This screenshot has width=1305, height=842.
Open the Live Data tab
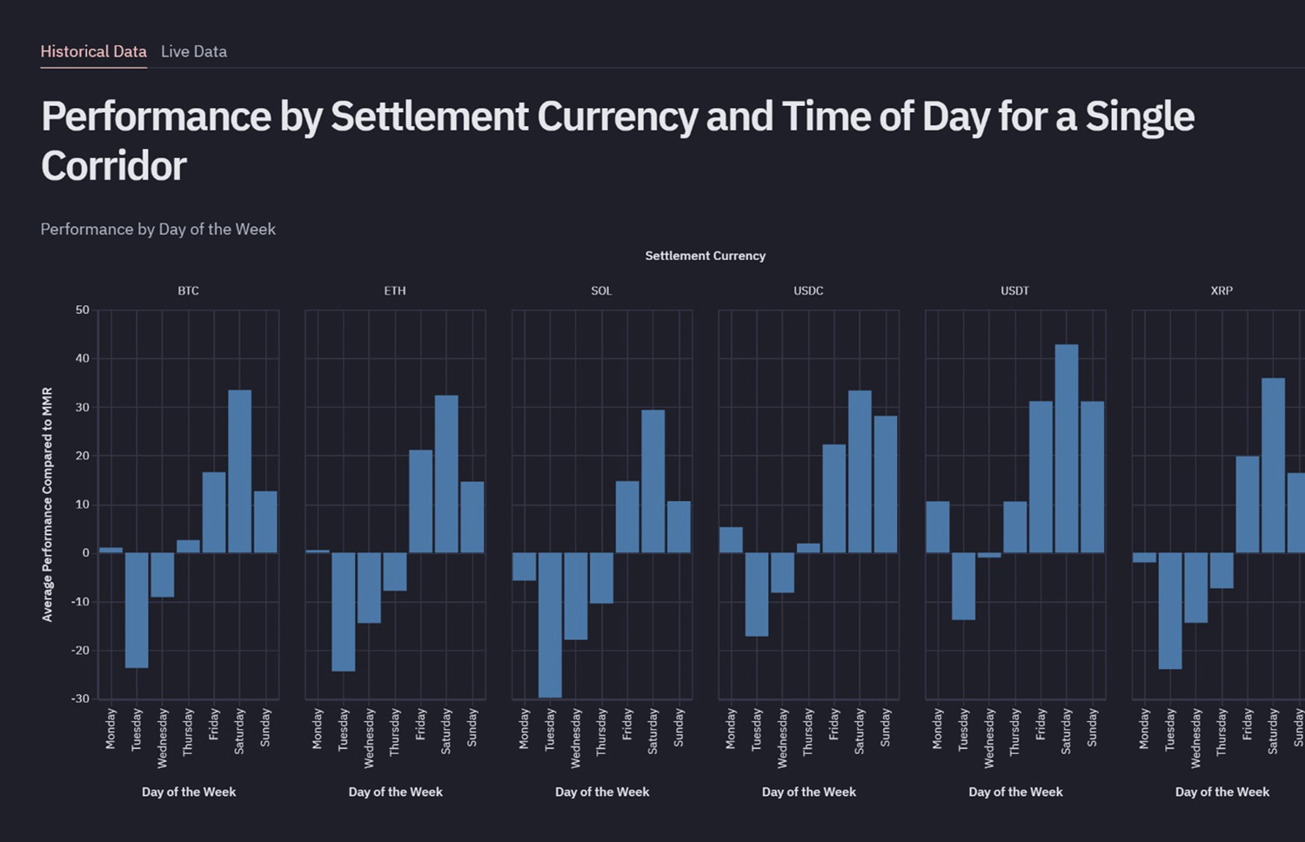(x=193, y=51)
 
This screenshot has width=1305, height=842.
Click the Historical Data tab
(x=93, y=51)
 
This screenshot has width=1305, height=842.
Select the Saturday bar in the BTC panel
(x=240, y=471)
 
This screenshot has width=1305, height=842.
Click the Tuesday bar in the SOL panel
(x=550, y=625)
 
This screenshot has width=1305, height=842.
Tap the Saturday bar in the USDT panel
(x=1067, y=448)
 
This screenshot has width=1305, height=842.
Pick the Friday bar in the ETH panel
(x=421, y=501)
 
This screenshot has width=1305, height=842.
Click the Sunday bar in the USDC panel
(x=886, y=484)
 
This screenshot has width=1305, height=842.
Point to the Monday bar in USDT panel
(x=938, y=526)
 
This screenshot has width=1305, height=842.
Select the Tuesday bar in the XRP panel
(x=1170, y=611)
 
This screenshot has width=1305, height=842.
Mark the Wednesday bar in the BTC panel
(x=163, y=575)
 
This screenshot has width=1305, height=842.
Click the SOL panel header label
(x=601, y=291)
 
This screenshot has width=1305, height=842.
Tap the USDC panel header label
(x=808, y=291)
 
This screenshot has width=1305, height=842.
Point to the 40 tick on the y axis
(x=82, y=358)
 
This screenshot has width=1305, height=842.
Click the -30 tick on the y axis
(x=80, y=698)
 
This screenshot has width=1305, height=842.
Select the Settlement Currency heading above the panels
(x=705, y=256)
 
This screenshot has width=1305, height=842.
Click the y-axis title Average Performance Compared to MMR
(x=48, y=505)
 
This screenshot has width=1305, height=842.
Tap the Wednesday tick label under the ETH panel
(x=369, y=738)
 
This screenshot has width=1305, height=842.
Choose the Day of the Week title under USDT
(x=1015, y=792)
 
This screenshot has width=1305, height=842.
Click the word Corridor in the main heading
(x=114, y=166)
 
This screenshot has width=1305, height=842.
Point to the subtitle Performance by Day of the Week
(x=157, y=229)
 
